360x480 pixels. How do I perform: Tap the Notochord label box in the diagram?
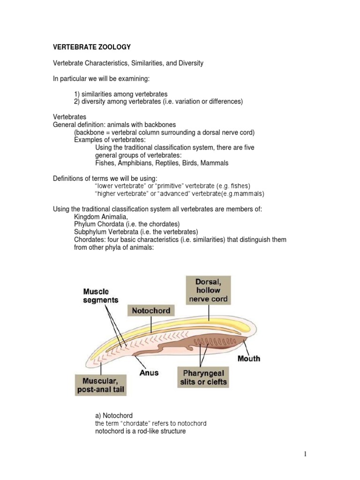pyautogui.click(x=151, y=310)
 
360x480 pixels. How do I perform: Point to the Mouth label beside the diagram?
pyautogui.click(x=249, y=359)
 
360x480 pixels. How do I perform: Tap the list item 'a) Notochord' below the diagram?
pyautogui.click(x=114, y=415)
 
